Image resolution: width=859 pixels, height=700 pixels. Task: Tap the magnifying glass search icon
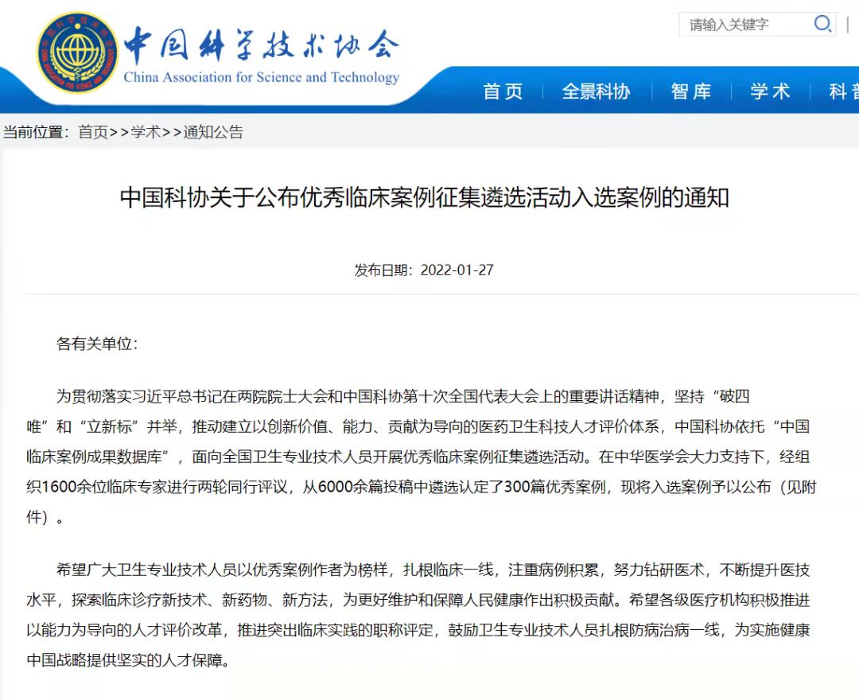click(822, 24)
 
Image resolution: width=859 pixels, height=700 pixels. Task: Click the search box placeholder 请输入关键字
click(729, 25)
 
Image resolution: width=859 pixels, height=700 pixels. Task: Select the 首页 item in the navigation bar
click(503, 91)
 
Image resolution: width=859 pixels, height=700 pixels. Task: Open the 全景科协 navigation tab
click(596, 91)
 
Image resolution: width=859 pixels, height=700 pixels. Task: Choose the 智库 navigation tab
click(690, 91)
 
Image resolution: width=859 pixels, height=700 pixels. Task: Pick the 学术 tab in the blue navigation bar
click(770, 91)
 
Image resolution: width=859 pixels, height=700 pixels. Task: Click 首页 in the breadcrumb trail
click(92, 132)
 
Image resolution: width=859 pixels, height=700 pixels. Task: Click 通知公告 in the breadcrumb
click(213, 132)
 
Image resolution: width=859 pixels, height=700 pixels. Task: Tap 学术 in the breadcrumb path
click(146, 132)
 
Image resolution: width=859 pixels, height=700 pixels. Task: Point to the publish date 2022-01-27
click(457, 270)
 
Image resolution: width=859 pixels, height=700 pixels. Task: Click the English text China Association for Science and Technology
click(261, 77)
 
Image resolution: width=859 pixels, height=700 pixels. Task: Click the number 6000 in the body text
click(334, 487)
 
